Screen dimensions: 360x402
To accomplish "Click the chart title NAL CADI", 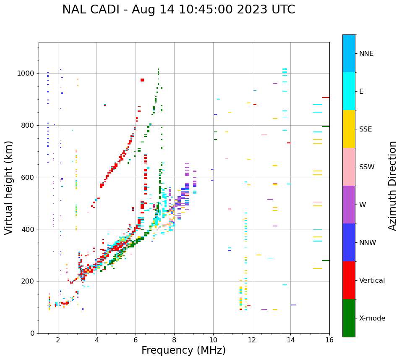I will coord(178,10).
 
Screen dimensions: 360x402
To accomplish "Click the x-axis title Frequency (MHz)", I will coord(183,350).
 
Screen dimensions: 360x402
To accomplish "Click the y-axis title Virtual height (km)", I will coord(9,187).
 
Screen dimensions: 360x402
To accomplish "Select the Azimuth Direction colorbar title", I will coord(392,185).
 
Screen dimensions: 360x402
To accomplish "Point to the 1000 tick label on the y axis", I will coord(26,73).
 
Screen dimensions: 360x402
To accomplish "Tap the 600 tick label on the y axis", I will coord(29,177).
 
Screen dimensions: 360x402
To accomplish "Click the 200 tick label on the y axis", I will coord(29,281).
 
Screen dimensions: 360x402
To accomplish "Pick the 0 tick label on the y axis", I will coord(33,333).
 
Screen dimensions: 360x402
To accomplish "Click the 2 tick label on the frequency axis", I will coord(58,340).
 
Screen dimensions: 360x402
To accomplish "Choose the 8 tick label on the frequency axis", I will coord(174,340).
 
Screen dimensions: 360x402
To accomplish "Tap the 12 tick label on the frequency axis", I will coord(252,340).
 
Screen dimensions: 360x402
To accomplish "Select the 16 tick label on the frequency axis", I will coord(329,340).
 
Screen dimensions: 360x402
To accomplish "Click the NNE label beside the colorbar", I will coord(366,54).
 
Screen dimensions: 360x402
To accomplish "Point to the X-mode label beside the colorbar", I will coord(372,318).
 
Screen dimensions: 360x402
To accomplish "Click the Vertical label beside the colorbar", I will coord(372,281).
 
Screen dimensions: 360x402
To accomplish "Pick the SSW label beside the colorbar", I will coord(367,167).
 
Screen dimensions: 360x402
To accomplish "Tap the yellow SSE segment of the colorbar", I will coord(349,129).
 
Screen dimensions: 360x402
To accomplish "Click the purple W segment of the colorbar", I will coord(349,205).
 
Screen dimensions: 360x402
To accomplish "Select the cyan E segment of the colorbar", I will coord(349,91).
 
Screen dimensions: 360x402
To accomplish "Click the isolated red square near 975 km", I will coord(142,80).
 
